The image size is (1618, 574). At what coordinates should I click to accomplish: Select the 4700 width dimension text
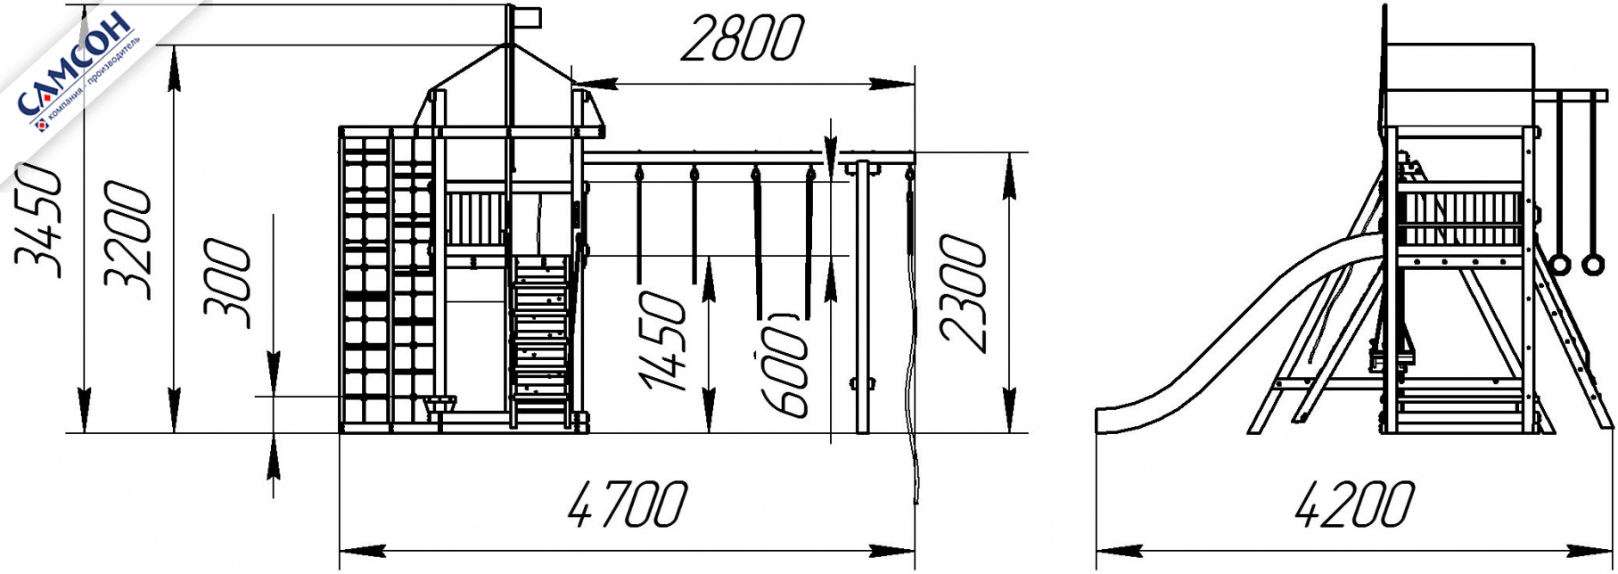click(x=628, y=504)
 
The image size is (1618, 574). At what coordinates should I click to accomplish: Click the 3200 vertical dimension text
click(x=127, y=241)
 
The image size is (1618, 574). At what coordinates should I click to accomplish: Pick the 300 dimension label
click(x=226, y=283)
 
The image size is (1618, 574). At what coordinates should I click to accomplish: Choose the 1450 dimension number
click(x=664, y=340)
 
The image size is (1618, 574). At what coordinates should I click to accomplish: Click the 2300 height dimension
click(x=964, y=293)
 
